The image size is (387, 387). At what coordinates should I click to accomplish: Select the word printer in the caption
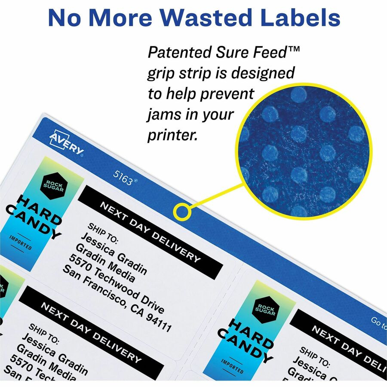tap(172, 135)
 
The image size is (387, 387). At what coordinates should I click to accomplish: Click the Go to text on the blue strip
tap(378, 322)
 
